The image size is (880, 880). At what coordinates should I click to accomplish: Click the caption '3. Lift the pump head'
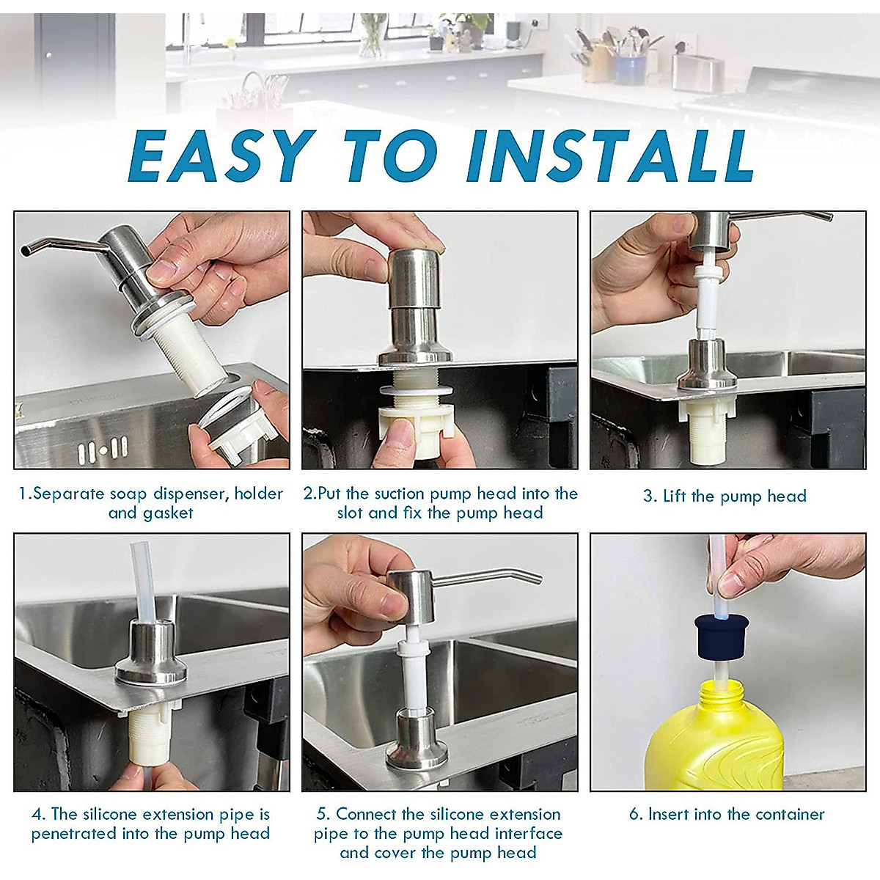725,496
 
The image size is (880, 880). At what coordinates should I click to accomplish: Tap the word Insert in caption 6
671,814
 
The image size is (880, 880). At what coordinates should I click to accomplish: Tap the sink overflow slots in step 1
103,448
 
